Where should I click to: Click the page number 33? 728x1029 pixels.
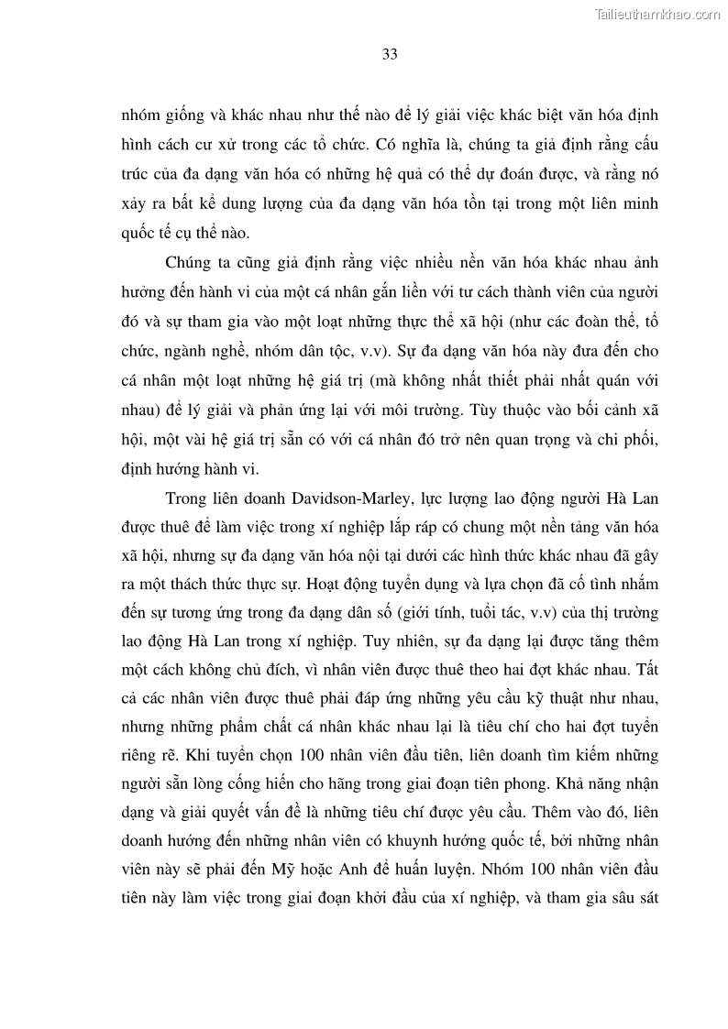pyautogui.click(x=389, y=55)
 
